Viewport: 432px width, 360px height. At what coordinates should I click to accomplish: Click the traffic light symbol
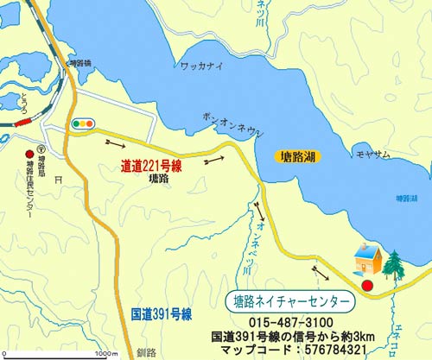(84, 124)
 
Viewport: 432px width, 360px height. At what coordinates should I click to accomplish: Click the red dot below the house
(367, 284)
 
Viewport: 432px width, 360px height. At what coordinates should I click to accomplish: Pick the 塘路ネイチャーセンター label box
(292, 301)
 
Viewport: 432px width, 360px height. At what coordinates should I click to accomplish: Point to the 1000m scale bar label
(106, 353)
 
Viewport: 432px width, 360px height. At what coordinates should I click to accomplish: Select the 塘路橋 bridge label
(79, 63)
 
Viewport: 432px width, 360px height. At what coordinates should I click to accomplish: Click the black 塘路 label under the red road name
(158, 179)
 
